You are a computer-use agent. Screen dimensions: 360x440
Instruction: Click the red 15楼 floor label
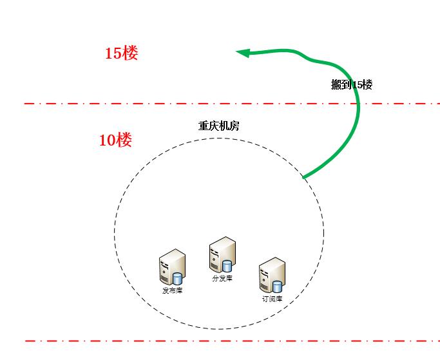(121, 53)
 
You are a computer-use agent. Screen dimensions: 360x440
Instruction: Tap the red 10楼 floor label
(115, 140)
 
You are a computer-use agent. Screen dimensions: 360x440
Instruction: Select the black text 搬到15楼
(352, 84)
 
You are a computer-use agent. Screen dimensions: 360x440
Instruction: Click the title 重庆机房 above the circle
(218, 126)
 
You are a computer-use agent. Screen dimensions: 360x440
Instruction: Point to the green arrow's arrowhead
(242, 53)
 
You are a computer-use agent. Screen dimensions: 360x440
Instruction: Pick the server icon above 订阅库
(271, 275)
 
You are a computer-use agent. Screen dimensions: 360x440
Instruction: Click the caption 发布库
(172, 290)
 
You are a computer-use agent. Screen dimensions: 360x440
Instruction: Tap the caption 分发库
(222, 278)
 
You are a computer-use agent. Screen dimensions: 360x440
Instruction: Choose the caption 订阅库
(272, 298)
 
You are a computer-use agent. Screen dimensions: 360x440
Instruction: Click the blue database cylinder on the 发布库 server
(178, 279)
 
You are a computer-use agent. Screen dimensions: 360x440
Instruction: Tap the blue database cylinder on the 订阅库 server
(277, 287)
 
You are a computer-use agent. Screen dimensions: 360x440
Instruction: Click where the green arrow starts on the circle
(303, 176)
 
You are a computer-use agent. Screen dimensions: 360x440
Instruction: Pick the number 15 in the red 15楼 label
(113, 53)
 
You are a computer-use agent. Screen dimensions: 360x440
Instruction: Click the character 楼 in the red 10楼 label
(124, 140)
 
